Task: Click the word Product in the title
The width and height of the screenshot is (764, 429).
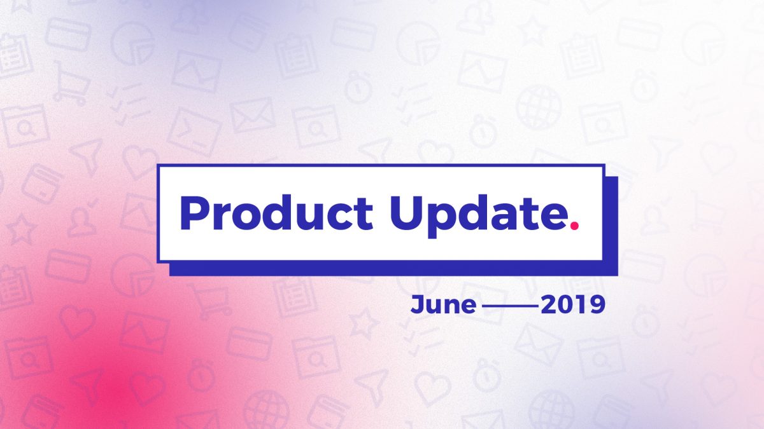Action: (276, 212)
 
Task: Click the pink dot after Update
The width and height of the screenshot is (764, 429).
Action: (575, 226)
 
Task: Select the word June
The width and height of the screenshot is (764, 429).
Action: (443, 304)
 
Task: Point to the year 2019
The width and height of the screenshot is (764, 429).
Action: (573, 305)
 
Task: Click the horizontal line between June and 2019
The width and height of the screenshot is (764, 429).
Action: (511, 306)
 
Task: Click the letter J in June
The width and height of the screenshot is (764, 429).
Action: (418, 305)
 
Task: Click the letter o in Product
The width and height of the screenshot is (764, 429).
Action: (246, 217)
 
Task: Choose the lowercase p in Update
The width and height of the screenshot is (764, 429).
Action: (442, 221)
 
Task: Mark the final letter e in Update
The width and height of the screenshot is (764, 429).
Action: (553, 217)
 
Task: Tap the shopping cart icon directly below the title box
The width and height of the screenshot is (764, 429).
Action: (209, 301)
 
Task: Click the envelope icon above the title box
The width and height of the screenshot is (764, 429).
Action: (252, 115)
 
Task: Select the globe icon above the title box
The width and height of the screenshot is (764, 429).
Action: (538, 107)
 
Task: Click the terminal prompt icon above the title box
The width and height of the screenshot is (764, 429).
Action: (194, 132)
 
